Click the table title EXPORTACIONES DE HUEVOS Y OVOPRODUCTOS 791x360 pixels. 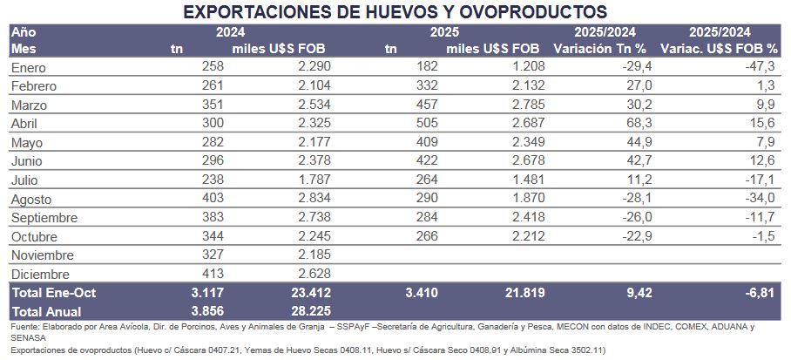(x=395, y=12)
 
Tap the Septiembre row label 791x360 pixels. (x=46, y=218)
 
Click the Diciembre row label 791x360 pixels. (x=40, y=274)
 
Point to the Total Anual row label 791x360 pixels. (x=46, y=311)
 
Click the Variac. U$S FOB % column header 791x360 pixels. (x=720, y=49)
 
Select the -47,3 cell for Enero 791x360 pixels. (x=762, y=67)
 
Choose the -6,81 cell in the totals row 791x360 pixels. (x=761, y=293)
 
